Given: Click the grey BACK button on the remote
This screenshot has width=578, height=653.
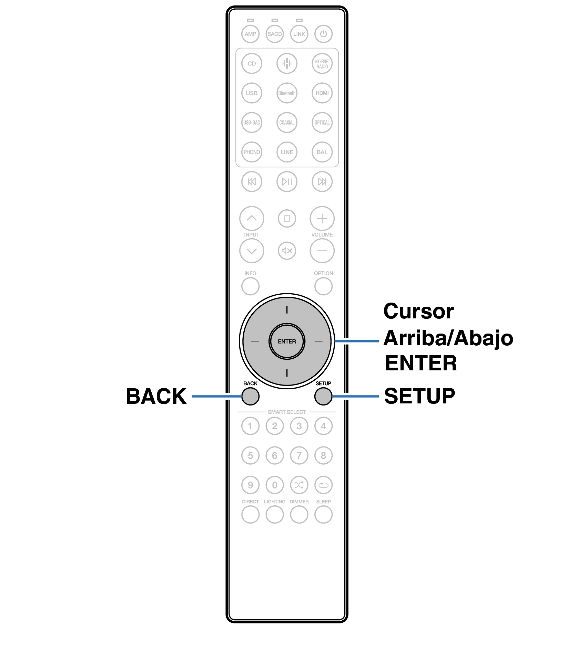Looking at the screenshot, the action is click(250, 396).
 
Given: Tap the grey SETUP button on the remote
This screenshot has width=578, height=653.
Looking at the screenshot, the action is click(323, 396).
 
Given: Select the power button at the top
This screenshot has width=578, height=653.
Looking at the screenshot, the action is click(323, 34).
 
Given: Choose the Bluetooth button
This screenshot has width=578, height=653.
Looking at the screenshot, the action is click(287, 93).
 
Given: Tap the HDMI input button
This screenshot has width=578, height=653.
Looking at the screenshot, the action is click(322, 93).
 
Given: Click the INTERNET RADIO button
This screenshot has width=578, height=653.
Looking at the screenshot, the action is click(322, 64).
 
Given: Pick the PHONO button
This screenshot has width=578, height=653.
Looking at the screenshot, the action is click(252, 152).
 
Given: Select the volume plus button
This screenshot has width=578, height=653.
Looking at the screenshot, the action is click(322, 218).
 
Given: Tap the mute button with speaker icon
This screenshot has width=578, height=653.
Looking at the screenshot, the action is click(287, 251).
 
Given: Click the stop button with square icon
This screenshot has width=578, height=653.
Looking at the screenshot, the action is click(287, 218).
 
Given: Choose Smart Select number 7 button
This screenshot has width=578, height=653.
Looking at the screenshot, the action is click(299, 455).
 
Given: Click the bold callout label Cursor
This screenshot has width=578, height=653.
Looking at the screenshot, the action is click(418, 311).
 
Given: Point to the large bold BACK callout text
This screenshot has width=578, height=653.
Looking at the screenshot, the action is click(156, 396).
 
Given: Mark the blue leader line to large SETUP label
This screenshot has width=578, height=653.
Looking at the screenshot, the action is click(355, 396).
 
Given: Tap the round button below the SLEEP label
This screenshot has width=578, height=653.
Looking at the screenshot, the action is click(323, 515).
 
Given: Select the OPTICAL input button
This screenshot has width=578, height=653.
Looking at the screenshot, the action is click(322, 123).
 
